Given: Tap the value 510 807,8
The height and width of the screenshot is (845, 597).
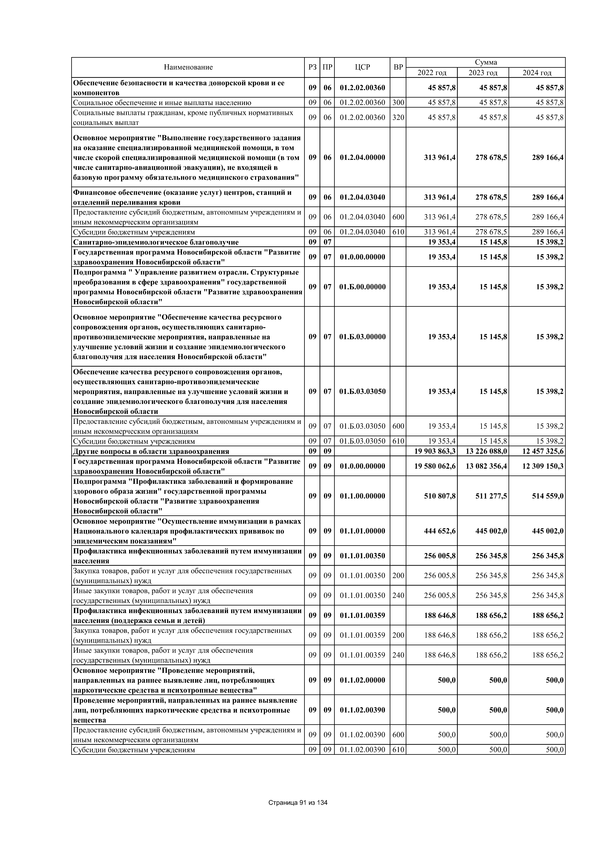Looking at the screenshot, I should coord(440,496).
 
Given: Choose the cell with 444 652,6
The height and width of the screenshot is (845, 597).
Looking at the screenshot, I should coord(440,531).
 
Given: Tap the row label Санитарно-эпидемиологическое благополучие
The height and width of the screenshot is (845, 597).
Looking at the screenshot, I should coord(156,242).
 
